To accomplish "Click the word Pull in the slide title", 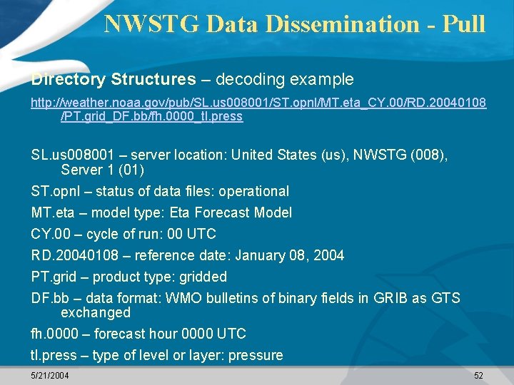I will (x=464, y=24).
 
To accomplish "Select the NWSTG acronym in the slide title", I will (x=152, y=24).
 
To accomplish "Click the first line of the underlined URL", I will (x=258, y=103).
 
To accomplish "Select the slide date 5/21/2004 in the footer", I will (x=50, y=375).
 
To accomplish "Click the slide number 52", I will (x=478, y=375).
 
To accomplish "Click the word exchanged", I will (x=96, y=312).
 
